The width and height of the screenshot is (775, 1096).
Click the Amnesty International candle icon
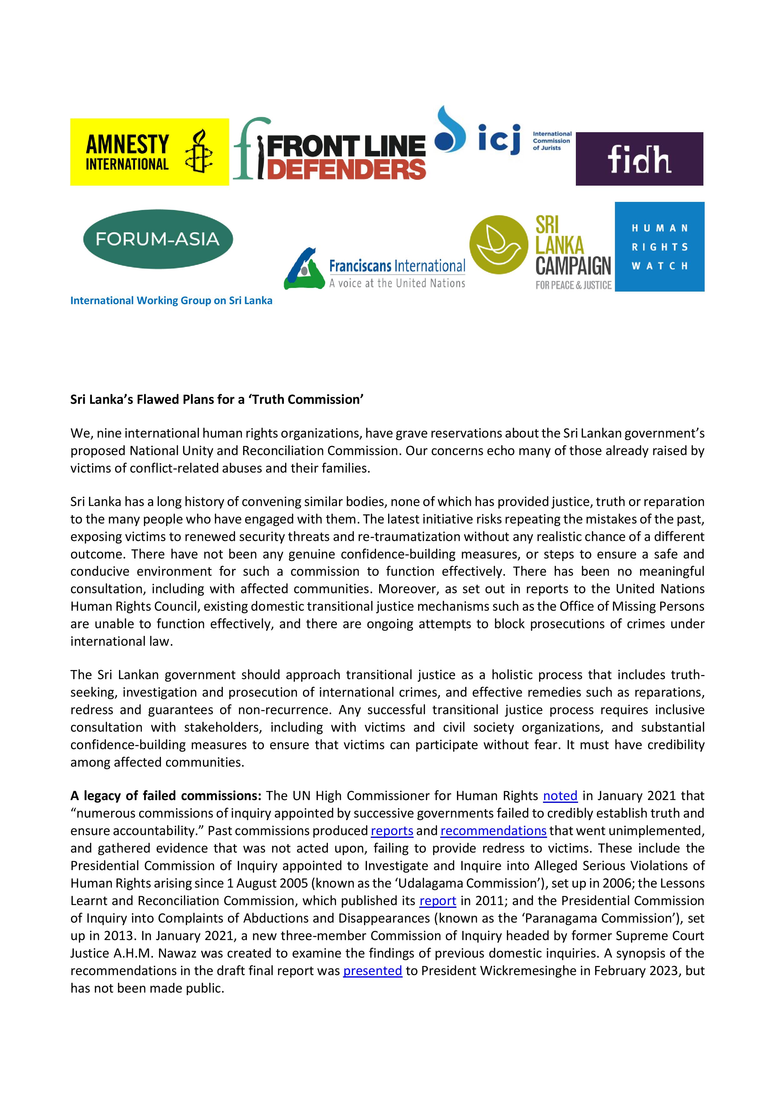pyautogui.click(x=199, y=151)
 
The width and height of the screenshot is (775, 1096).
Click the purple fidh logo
pyautogui.click(x=639, y=159)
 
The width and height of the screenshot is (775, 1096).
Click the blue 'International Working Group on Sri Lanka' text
pyautogui.click(x=171, y=301)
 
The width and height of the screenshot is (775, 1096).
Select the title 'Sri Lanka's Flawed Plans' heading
pyautogui.click(x=217, y=399)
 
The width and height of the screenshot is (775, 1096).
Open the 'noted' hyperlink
pyautogui.click(x=560, y=796)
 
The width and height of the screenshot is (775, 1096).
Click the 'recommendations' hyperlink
pyautogui.click(x=493, y=831)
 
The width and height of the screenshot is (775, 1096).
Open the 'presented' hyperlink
pyautogui.click(x=372, y=971)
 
